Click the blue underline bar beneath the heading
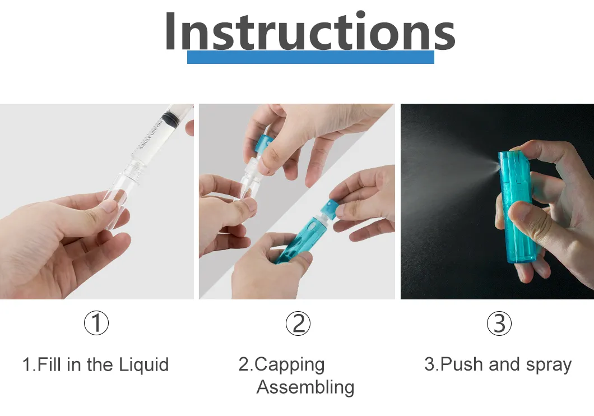310,57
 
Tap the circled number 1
96,323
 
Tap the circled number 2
298,323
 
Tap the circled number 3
499,323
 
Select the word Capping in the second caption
290,365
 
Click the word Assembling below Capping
305,387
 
